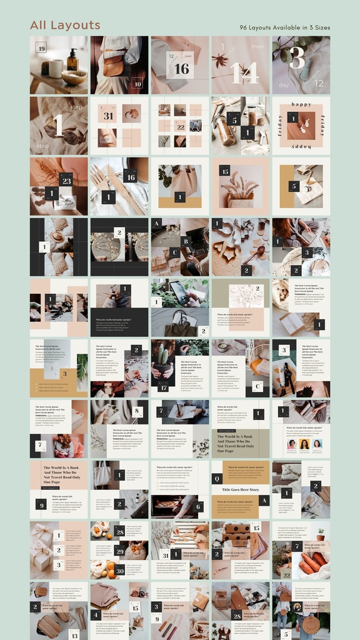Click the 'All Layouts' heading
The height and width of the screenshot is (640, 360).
65,25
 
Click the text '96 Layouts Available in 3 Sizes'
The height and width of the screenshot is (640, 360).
284,27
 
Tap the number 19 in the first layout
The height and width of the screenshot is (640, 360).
41,49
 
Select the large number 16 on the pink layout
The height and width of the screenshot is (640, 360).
181,69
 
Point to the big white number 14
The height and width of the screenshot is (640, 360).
244,73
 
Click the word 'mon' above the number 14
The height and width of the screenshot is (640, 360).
257,47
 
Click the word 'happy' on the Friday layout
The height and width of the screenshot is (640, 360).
301,104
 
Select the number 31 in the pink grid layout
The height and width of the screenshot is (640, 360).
108,116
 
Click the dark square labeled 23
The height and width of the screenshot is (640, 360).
66,181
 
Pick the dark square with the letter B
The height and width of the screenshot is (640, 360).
185,241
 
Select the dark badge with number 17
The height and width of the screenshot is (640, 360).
162,387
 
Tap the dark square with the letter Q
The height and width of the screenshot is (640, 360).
217,479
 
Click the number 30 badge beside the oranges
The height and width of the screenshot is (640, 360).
119,569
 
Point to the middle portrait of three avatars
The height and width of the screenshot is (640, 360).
304,444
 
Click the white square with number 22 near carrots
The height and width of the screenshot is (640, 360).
286,574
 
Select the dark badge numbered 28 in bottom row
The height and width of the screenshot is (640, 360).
237,616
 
